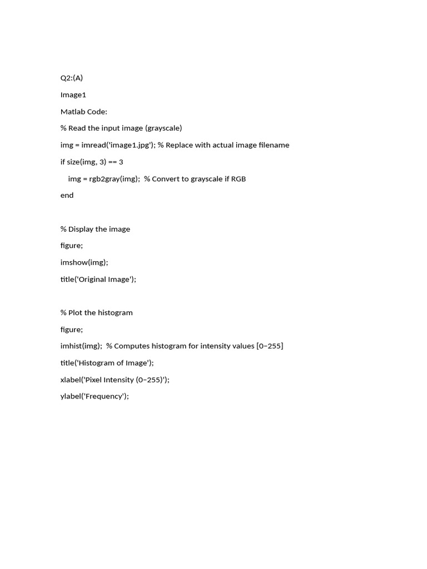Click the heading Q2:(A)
(72, 78)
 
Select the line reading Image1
(73, 94)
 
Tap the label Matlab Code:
(84, 111)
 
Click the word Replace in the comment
(181, 145)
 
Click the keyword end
(67, 195)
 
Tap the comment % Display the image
(95, 229)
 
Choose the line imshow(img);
(85, 262)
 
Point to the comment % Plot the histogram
(97, 312)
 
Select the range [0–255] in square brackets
(270, 346)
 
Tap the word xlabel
(71, 380)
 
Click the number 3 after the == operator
(121, 162)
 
